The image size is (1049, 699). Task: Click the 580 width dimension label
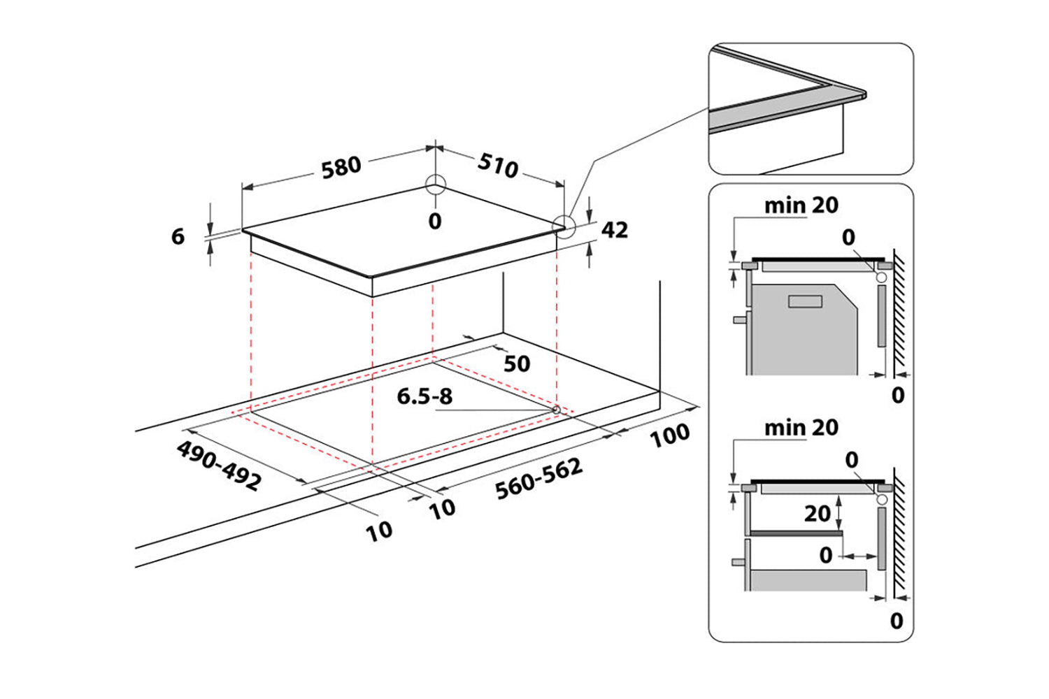[x=341, y=168]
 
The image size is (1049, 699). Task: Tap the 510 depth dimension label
[x=498, y=166]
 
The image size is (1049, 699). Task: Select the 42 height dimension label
[x=614, y=230]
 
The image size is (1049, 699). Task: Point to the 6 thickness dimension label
[x=178, y=236]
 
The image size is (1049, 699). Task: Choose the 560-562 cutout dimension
[x=538, y=479]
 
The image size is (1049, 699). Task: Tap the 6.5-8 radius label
[x=424, y=396]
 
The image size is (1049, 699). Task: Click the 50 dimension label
[x=517, y=363]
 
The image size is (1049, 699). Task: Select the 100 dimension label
[x=669, y=435]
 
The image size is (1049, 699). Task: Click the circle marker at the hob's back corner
[x=435, y=185]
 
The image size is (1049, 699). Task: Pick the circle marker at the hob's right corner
[x=562, y=226]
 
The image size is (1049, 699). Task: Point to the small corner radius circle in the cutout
[x=556, y=409]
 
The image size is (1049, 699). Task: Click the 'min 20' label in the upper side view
[x=801, y=206]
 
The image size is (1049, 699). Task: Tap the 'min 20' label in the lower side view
[x=801, y=427]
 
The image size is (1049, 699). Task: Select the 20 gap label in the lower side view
[x=817, y=514]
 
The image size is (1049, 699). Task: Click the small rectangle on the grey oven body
[x=805, y=301]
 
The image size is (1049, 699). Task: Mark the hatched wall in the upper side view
[x=900, y=315]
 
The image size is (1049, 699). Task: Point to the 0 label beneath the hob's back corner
[x=435, y=222]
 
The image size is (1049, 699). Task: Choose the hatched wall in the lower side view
[x=900, y=538]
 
